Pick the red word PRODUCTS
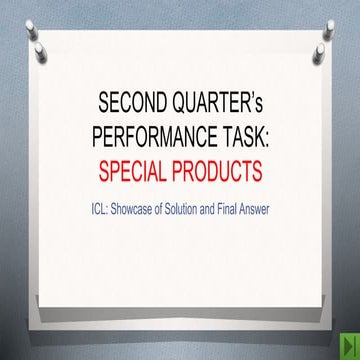pos(222,170)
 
